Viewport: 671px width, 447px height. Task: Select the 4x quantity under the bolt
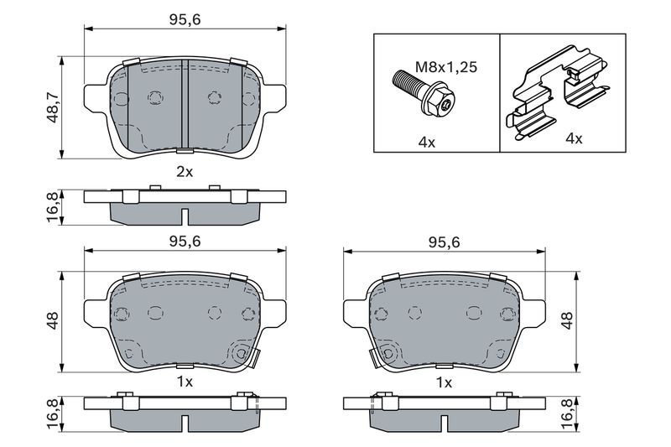426,141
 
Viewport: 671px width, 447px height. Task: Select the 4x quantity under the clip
574,138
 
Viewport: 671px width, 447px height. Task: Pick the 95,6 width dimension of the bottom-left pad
185,241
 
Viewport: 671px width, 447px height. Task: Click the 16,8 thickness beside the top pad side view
52,206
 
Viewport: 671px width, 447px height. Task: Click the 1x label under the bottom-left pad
185,382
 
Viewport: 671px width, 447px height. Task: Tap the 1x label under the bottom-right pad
444,382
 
